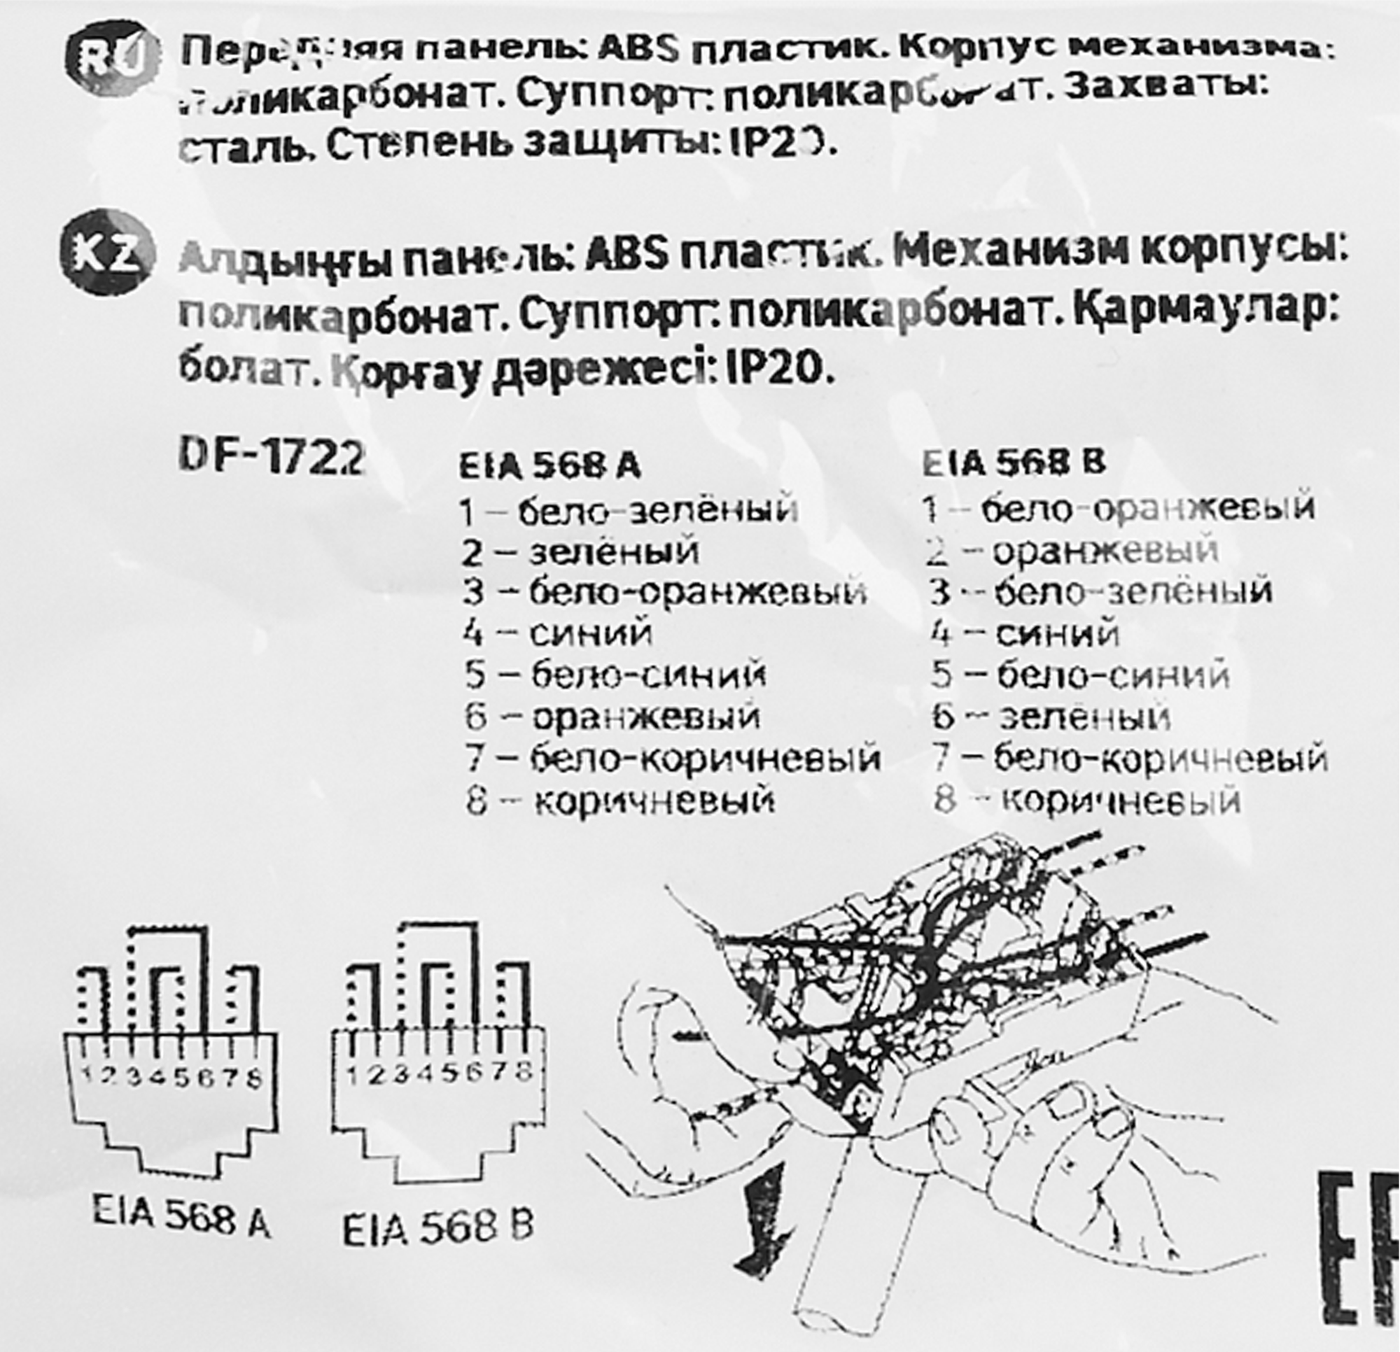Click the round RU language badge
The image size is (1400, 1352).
[x=112, y=63]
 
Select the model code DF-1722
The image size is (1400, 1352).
[x=272, y=458]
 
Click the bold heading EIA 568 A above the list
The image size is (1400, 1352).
[x=549, y=465]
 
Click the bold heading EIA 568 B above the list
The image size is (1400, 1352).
[x=1014, y=463]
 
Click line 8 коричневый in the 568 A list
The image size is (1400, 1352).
[x=620, y=800]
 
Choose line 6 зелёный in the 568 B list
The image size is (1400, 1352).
[x=1051, y=717]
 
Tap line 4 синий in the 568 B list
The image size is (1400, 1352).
[x=1025, y=633]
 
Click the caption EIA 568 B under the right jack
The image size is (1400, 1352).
[x=438, y=1228]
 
